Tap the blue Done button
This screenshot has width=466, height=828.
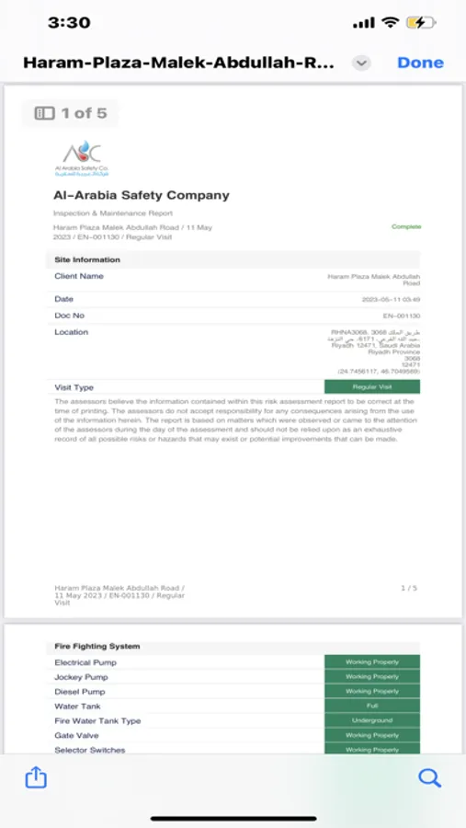[x=420, y=63]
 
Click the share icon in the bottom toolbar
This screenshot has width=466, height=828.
[x=35, y=777]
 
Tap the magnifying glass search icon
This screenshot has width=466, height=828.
[x=429, y=777]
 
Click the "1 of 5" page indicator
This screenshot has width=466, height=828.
[x=71, y=113]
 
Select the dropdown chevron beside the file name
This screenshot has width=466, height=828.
[x=361, y=63]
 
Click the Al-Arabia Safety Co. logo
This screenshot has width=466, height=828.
[x=81, y=158]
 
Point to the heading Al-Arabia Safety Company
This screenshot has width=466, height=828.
[x=141, y=195]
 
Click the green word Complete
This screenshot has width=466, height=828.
[x=405, y=226]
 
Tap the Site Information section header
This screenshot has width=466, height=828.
[x=87, y=259]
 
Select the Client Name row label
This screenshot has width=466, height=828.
[x=79, y=276]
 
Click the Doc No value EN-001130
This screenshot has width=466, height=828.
[x=402, y=316]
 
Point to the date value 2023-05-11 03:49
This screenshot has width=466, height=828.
[x=391, y=300]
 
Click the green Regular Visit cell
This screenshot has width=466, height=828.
[x=371, y=387]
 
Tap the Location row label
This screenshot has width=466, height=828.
[x=72, y=332]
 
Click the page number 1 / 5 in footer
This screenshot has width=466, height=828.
[x=409, y=587]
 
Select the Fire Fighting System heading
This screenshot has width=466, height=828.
[x=97, y=647]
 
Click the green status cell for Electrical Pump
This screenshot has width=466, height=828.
[x=371, y=662]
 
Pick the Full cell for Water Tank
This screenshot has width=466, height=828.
[x=371, y=706]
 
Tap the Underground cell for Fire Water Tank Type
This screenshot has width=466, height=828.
[x=371, y=720]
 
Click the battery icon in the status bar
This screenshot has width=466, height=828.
[x=421, y=22]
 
